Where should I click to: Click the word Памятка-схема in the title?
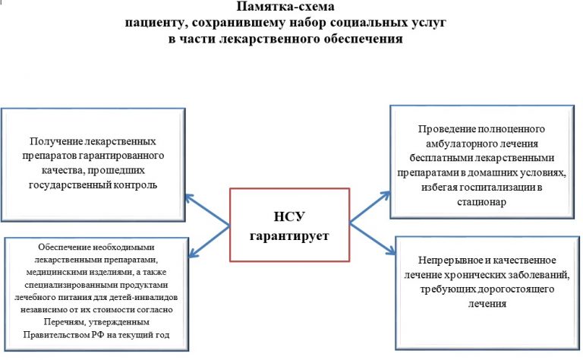pos(285,6)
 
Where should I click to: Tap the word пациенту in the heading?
pos(153,23)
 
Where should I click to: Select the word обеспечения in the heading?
pos(364,39)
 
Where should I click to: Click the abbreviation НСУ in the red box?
pos(289,216)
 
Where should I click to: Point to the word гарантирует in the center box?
pos(289,235)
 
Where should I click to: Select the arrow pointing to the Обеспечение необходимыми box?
pos(209,242)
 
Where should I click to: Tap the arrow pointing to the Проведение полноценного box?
pos(370,207)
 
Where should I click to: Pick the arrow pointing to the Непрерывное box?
pos(373,238)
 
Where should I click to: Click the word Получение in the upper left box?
pos(56,142)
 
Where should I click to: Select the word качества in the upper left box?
pos(59,170)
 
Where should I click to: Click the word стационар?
pos(481,202)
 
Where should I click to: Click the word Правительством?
pos(57,335)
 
